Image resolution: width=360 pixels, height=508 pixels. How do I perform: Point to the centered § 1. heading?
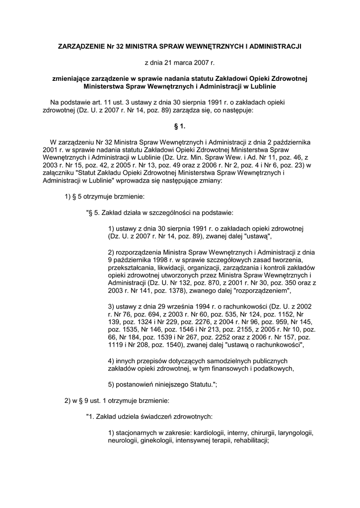pos(180,127)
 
